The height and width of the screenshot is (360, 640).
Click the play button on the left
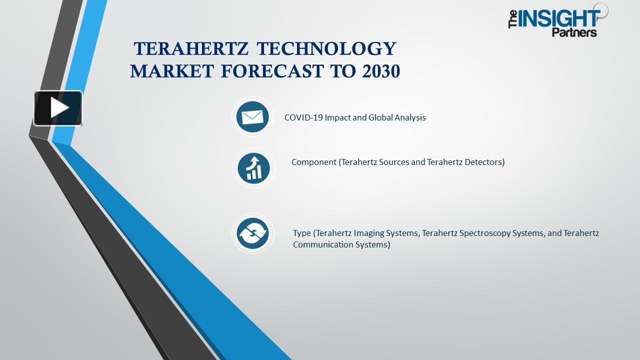tap(58, 108)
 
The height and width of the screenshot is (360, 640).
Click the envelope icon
tap(252, 117)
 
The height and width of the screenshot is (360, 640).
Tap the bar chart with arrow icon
tap(253, 168)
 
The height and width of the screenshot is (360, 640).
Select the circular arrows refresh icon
tap(253, 233)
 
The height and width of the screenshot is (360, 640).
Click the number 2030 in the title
tap(379, 71)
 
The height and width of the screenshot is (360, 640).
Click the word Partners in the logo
tap(574, 33)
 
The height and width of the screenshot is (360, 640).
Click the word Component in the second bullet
tap(314, 162)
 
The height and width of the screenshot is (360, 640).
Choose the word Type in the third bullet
tap(302, 233)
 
